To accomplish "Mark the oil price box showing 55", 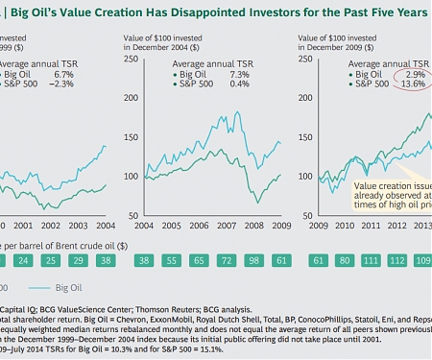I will pyautogui.click(x=174, y=260).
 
